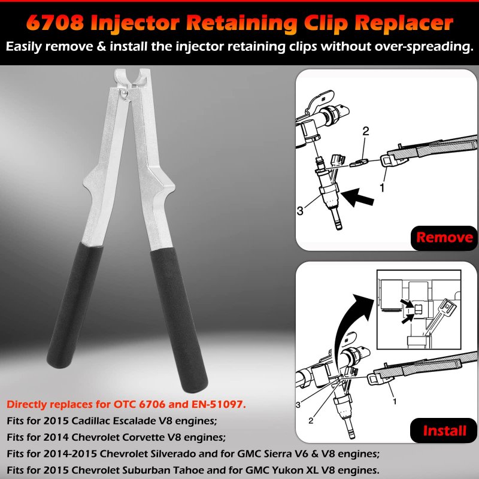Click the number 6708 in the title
pyautogui.click(x=55, y=22)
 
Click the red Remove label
pyautogui.click(x=444, y=237)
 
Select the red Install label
pyautogui.click(x=444, y=431)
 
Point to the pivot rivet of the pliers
pyautogui.click(x=124, y=93)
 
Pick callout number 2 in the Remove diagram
pyautogui.click(x=366, y=131)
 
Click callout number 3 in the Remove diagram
pyautogui.click(x=300, y=211)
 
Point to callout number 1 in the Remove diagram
pyautogui.click(x=382, y=187)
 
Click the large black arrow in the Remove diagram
pyautogui.click(x=357, y=198)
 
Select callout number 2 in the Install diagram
pyautogui.click(x=311, y=421)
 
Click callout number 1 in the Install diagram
pyautogui.click(x=395, y=401)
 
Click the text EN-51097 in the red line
pyautogui.click(x=219, y=404)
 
